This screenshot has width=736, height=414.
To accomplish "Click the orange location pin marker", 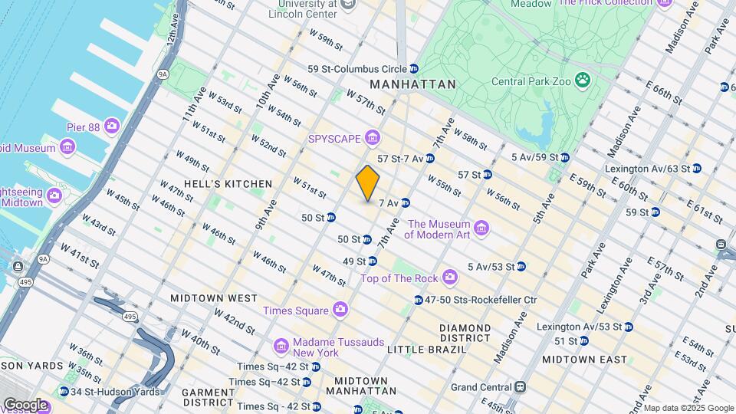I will (368, 183).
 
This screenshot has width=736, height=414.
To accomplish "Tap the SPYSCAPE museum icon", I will (373, 138).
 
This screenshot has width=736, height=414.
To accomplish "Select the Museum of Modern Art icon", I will (481, 228).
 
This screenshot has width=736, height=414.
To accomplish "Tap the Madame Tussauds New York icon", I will (281, 347).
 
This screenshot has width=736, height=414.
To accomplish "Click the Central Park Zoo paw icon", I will (583, 79).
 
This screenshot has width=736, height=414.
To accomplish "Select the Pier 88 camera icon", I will (112, 125).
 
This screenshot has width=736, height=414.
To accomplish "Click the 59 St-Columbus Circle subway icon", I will (414, 68).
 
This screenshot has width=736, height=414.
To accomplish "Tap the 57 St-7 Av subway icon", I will (430, 159).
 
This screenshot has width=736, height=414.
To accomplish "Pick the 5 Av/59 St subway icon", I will (565, 158).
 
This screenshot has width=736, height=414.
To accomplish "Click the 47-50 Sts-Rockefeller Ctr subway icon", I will (419, 300).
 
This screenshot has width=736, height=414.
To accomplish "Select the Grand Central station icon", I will (521, 386).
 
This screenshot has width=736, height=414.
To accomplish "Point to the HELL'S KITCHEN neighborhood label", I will (217, 184).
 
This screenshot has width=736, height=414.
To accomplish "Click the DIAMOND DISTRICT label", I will (465, 333).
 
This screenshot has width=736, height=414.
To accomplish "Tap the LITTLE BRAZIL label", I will (426, 349).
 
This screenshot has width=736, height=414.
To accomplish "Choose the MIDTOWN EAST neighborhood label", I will (584, 359).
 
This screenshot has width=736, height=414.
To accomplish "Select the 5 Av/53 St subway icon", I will (521, 267).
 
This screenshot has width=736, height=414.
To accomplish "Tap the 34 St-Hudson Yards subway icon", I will (64, 392).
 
